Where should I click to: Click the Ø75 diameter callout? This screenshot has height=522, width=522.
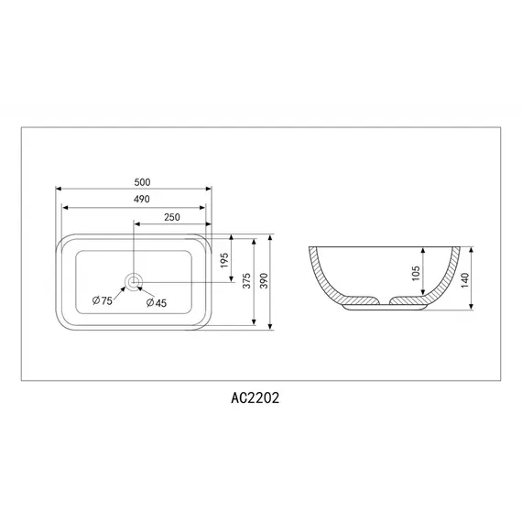[x=102, y=301]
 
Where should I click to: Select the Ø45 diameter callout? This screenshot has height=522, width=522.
[x=156, y=302]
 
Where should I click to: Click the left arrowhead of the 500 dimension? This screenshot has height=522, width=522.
[x=60, y=189]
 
